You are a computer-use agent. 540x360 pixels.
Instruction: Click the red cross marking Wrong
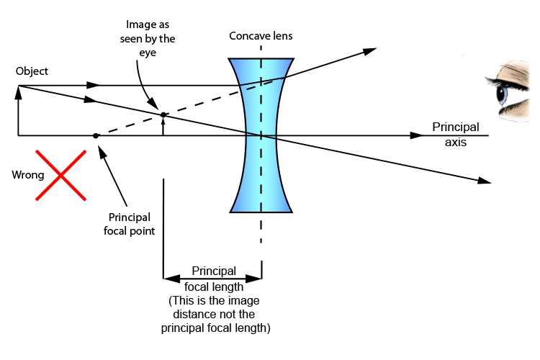[62, 175]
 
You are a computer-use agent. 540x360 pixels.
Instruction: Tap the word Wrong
[27, 175]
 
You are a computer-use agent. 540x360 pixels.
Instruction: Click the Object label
[32, 71]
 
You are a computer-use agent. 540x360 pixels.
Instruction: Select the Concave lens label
[261, 35]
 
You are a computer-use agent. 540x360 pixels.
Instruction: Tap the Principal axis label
[455, 135]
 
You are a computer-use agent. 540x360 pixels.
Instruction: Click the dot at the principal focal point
[96, 135]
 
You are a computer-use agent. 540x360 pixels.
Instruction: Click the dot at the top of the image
[163, 114]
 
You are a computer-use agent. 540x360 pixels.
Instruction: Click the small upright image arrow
[163, 126]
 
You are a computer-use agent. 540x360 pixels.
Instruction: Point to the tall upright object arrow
[18, 112]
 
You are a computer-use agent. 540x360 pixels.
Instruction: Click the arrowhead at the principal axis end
[415, 135]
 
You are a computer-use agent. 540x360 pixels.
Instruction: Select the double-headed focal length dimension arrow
[212, 278]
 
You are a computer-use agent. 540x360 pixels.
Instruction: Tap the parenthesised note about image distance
[213, 314]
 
